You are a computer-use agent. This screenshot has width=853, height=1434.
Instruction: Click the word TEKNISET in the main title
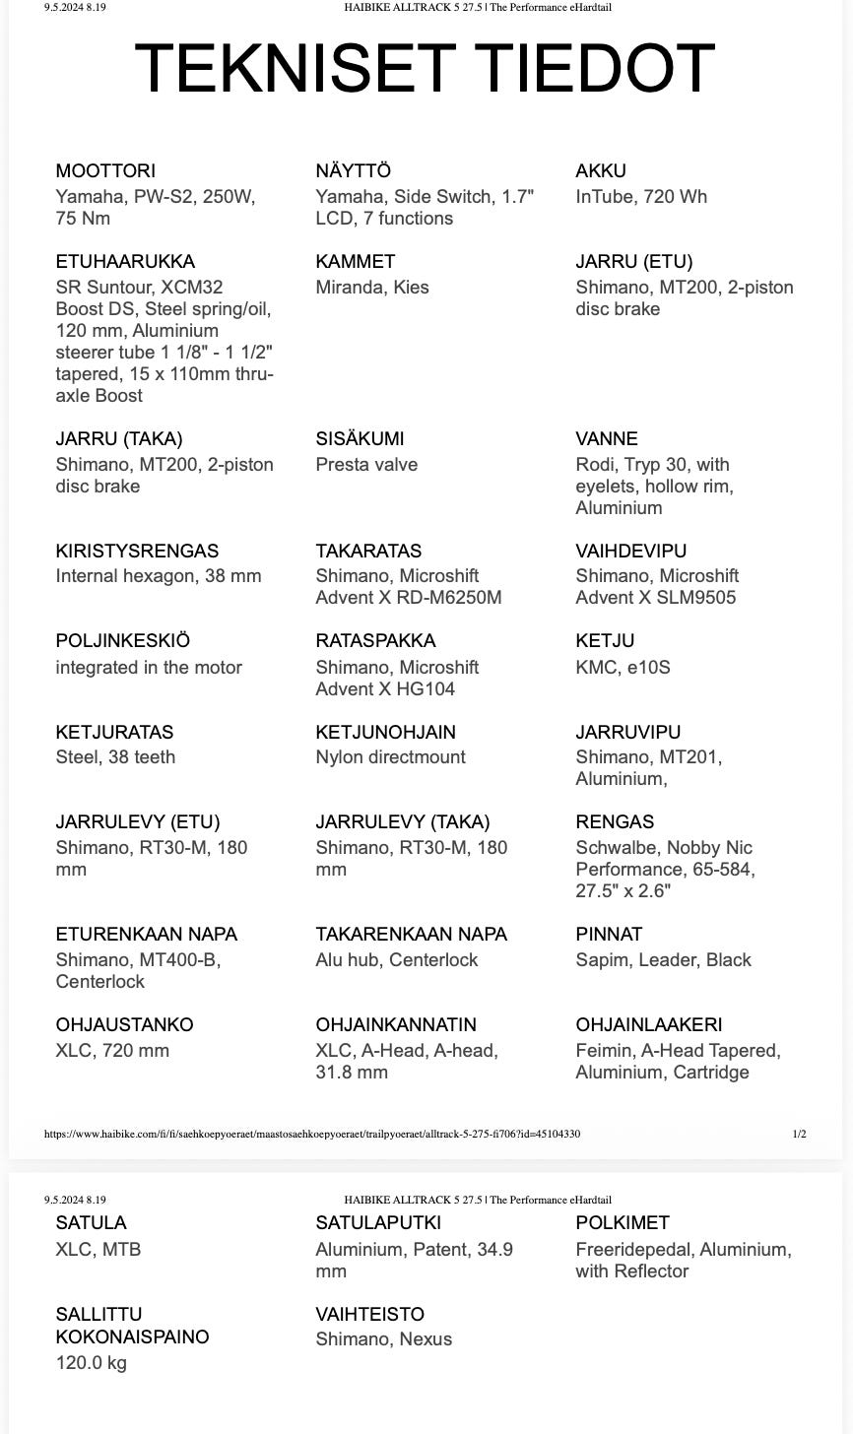pyautogui.click(x=293, y=68)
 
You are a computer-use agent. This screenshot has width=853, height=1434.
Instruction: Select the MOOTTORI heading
pyautogui.click(x=105, y=171)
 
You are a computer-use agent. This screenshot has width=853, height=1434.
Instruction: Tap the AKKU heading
pyautogui.click(x=601, y=171)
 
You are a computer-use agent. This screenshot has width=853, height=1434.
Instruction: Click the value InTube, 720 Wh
pyautogui.click(x=641, y=197)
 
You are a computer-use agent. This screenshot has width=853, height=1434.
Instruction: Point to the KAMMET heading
pyautogui.click(x=356, y=262)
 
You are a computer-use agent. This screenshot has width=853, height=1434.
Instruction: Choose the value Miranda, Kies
pyautogui.click(x=372, y=288)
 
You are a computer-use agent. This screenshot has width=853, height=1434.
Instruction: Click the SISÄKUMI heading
pyautogui.click(x=360, y=439)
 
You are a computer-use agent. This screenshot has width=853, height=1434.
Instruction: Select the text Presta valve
pyautogui.click(x=366, y=465)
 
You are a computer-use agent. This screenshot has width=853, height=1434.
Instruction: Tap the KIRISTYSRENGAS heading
pyautogui.click(x=137, y=551)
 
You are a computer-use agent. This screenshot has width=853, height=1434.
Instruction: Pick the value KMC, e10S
pyautogui.click(x=623, y=668)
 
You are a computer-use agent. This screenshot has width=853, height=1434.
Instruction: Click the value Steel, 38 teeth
pyautogui.click(x=115, y=757)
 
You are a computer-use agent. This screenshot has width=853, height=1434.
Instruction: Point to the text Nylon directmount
pyautogui.click(x=390, y=757)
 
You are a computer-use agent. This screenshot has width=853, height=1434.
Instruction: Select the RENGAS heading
pyautogui.click(x=615, y=822)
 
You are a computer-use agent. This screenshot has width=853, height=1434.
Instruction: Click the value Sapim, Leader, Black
pyautogui.click(x=663, y=960)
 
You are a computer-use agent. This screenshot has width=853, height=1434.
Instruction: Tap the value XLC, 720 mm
pyautogui.click(x=112, y=1051)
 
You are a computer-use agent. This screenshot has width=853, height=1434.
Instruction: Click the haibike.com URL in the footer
pyautogui.click(x=312, y=1134)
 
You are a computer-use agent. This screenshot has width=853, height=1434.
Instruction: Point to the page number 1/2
pyautogui.click(x=799, y=1134)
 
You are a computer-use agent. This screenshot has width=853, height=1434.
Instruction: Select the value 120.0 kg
pyautogui.click(x=92, y=1363)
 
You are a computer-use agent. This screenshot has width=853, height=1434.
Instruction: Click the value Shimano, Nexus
pyautogui.click(x=384, y=1339)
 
